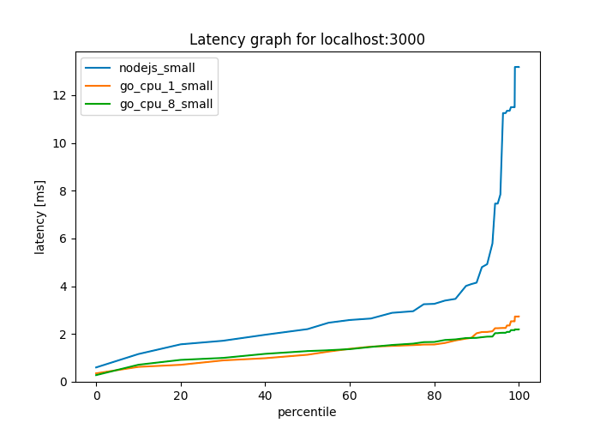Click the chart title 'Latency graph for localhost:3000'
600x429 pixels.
307,39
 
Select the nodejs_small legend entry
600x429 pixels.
157,68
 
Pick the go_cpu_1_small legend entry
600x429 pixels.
166,86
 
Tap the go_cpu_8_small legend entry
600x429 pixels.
166,105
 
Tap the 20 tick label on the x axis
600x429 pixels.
181,396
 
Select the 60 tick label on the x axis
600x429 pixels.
350,396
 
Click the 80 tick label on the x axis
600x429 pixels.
435,396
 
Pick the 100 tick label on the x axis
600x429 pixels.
519,396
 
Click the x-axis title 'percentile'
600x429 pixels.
307,413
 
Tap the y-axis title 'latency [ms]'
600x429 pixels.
39,217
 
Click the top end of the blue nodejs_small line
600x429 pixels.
518,67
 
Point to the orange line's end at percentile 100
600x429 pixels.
519,317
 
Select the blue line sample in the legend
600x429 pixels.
99,68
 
